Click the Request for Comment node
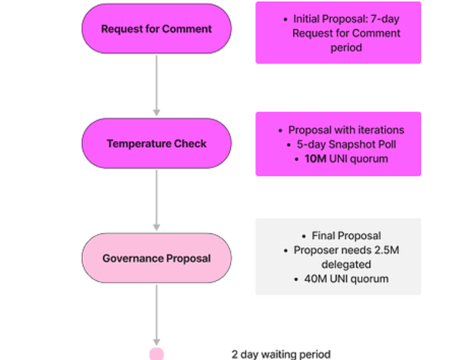tap(157, 29)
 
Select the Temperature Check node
tap(157, 143)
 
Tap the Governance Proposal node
tap(157, 258)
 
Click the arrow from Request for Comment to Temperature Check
tap(157, 86)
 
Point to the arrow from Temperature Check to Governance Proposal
tap(157, 200)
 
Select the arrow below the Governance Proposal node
tap(157, 315)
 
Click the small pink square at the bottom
tap(157, 354)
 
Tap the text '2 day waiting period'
tap(281, 354)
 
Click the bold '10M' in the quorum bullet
tap(316, 159)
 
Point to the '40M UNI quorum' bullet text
tap(346, 279)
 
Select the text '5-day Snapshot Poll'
tap(346, 145)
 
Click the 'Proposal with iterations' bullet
tap(346, 130)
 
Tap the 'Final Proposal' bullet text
tap(346, 236)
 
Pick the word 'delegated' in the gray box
tap(346, 265)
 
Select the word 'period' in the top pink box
tap(346, 47)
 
